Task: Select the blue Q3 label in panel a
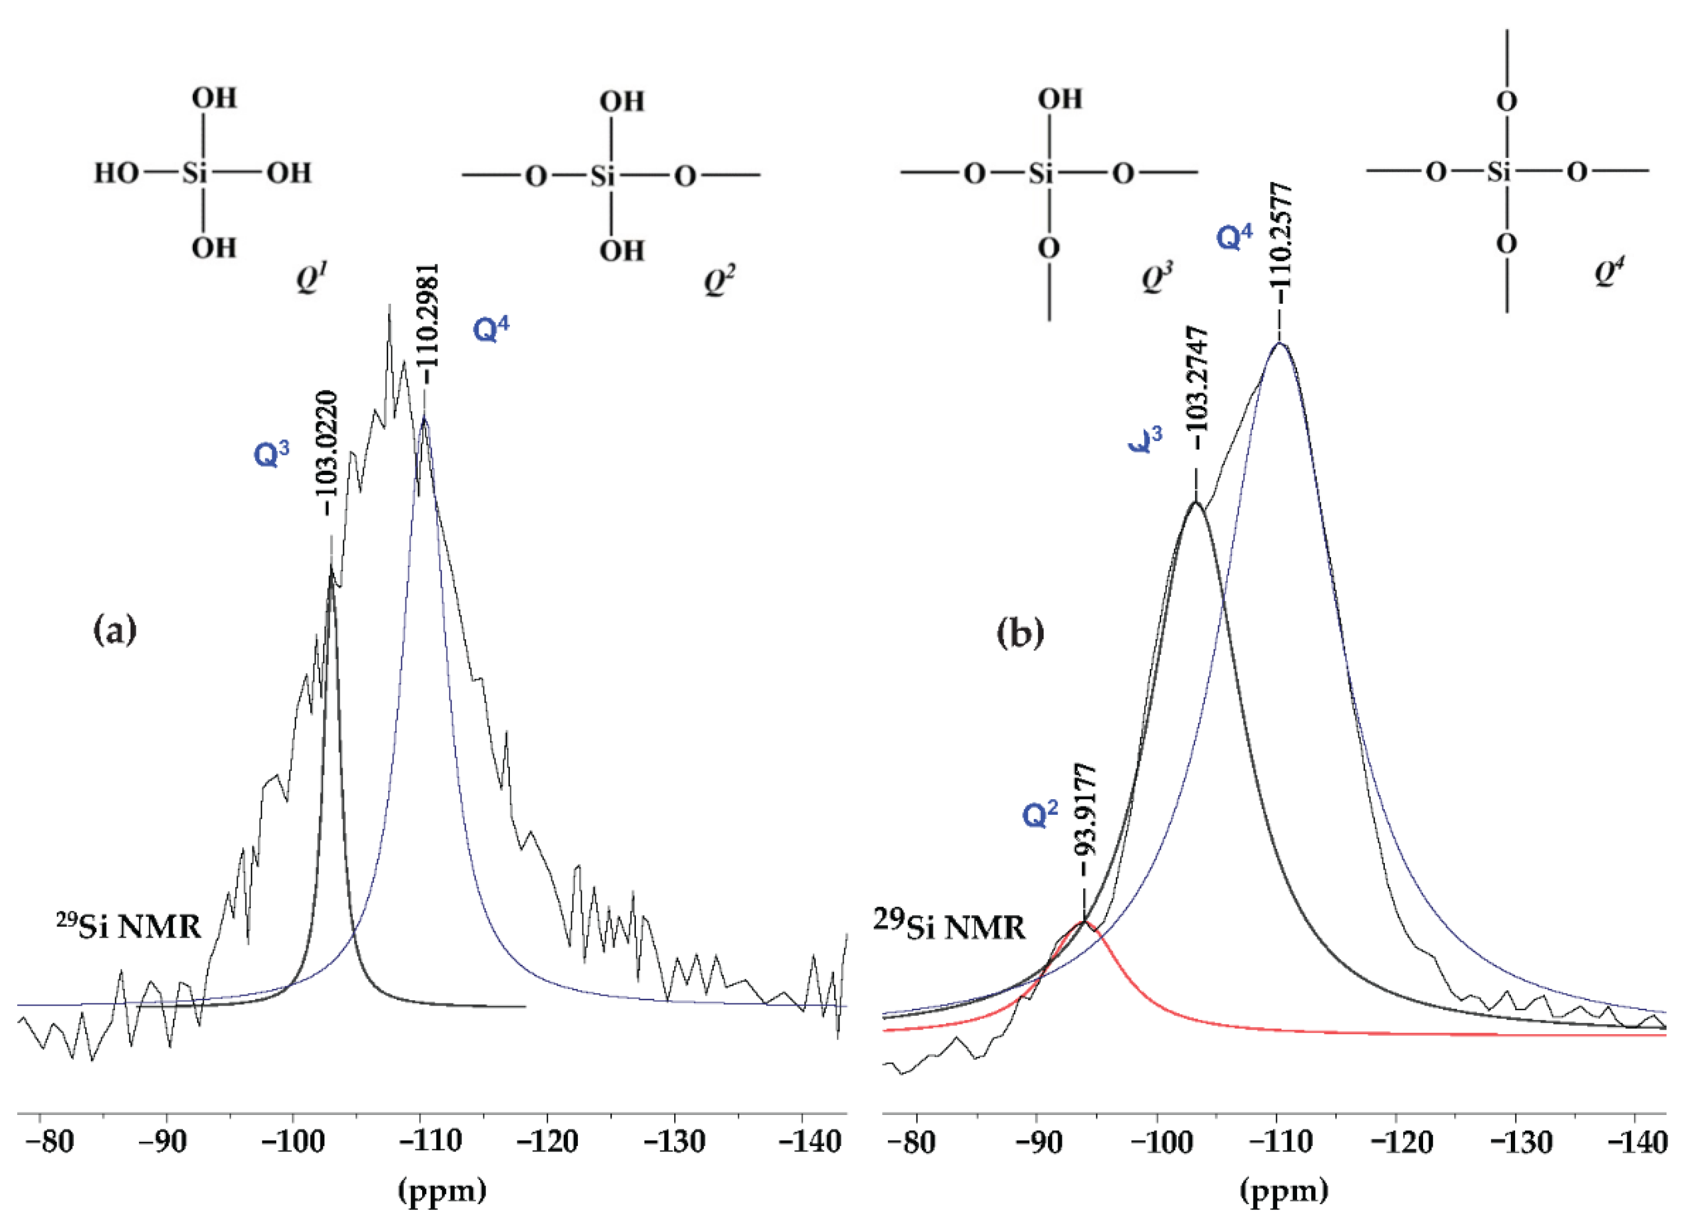tap(271, 453)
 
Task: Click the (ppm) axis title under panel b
tap(1284, 1190)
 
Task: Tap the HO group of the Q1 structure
tap(115, 173)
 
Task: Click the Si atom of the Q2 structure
tap(603, 177)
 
